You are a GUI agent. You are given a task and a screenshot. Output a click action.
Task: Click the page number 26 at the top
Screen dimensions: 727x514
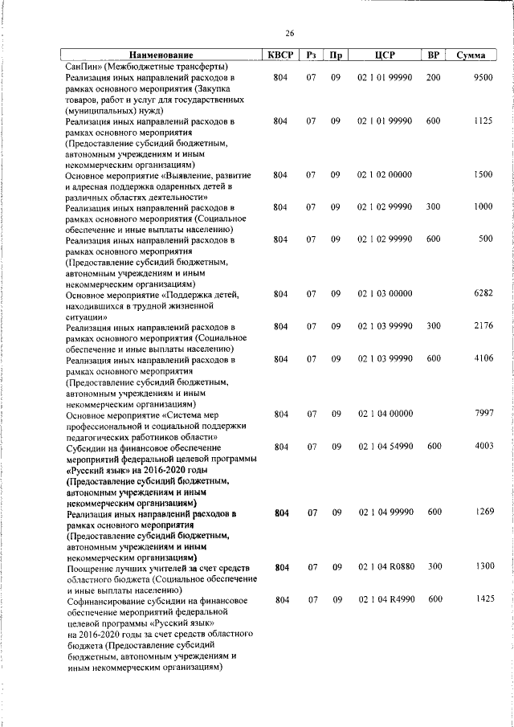click(289, 34)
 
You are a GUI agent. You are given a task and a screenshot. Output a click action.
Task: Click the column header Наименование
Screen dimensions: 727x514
click(161, 55)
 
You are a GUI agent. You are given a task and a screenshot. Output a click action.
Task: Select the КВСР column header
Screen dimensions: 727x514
click(280, 55)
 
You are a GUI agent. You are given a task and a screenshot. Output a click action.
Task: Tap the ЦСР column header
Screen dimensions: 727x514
click(384, 55)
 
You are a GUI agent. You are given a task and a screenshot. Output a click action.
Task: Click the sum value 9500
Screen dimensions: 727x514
click(482, 78)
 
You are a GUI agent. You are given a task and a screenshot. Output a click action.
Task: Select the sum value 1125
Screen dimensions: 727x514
click(482, 121)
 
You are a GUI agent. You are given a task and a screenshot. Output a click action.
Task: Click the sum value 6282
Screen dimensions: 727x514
click(482, 294)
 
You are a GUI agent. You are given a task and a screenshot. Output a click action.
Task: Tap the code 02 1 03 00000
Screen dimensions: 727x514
click(385, 294)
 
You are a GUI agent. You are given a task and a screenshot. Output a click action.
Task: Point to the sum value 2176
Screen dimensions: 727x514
click(482, 326)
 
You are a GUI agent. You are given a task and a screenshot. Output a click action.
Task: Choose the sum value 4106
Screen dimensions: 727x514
click(482, 359)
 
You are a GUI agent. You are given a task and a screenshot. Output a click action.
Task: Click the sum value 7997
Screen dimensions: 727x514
click(482, 414)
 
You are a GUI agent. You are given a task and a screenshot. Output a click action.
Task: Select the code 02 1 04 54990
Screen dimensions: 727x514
click(385, 447)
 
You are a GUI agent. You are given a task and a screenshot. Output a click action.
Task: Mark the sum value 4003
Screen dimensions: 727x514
click(482, 447)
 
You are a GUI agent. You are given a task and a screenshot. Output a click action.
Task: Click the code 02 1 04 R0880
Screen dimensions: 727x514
click(385, 567)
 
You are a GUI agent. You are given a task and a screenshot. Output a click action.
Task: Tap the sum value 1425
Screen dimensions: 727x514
click(482, 599)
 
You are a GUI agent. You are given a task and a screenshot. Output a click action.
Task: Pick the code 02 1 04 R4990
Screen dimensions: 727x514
click(385, 599)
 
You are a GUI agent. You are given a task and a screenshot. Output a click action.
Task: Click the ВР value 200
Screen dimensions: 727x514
click(434, 78)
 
